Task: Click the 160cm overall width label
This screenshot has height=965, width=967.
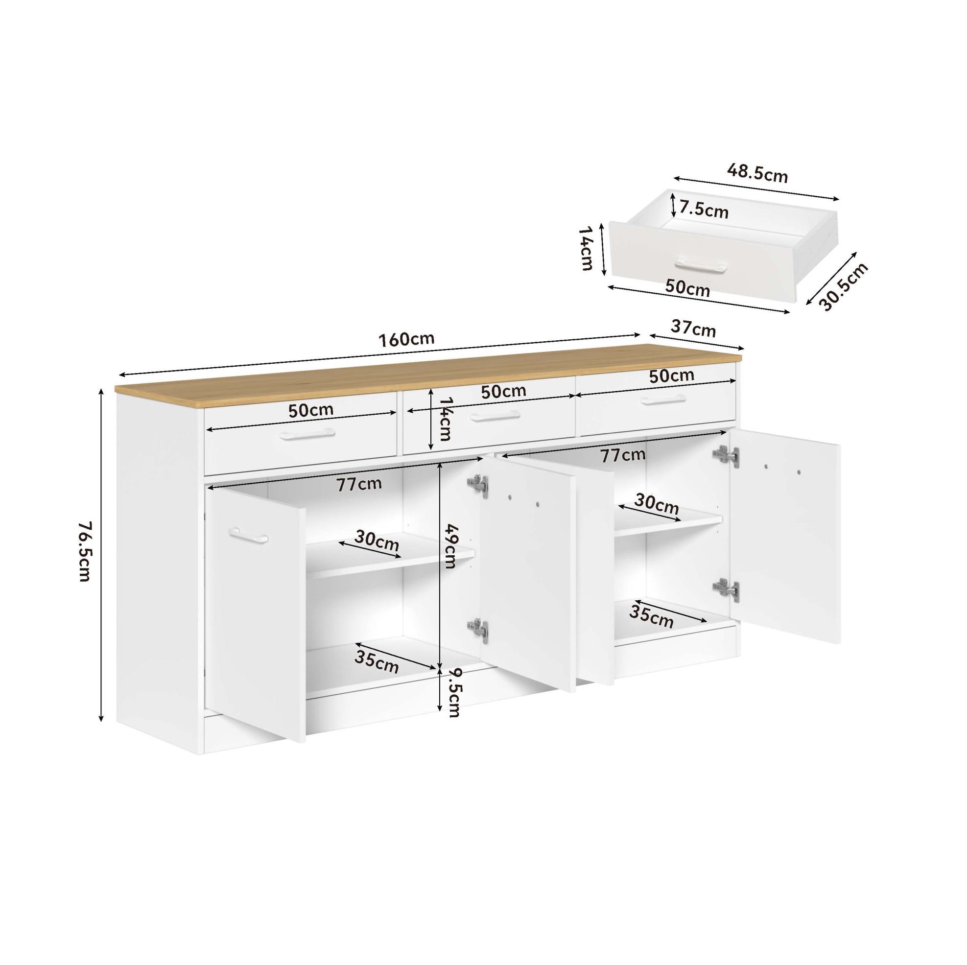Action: coord(406,339)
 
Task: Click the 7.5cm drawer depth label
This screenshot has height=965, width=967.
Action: coord(704,210)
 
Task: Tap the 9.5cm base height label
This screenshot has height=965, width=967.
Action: coord(454,693)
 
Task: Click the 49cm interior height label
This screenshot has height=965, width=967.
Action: coord(450,546)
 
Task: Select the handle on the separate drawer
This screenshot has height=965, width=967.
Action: coord(701,265)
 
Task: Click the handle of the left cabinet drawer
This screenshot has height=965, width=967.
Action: coord(307,434)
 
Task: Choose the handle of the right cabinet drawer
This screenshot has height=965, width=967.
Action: coord(663,400)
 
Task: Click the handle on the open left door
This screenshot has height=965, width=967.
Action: coord(248,535)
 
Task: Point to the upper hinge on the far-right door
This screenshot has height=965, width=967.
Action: coord(725,455)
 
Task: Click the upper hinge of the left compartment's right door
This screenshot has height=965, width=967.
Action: coord(477,486)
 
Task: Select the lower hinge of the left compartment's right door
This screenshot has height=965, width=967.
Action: coord(477,630)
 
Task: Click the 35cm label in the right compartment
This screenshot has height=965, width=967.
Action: coord(651,616)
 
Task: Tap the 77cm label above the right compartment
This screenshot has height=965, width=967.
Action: coord(623,455)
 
